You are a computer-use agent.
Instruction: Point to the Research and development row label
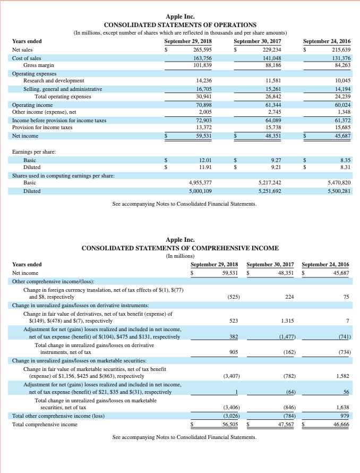pos(53,81)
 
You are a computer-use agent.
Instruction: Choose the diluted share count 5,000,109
pos(201,190)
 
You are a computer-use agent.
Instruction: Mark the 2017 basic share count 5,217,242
pos(269,182)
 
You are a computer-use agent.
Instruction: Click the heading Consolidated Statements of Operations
pos(180,25)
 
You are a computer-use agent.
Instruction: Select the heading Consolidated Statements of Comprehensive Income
pos(180,248)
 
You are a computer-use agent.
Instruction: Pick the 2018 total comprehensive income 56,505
pos(229,425)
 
